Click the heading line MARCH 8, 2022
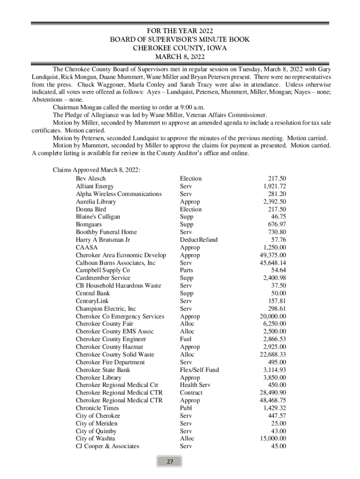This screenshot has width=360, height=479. [x=180, y=57]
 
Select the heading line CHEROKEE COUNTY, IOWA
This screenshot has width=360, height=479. [x=180, y=48]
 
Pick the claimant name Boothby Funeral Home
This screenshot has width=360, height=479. [x=106, y=232]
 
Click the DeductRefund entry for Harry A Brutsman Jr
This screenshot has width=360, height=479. [x=198, y=240]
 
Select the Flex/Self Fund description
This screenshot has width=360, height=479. [x=199, y=370]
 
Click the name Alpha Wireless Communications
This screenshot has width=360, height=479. [x=119, y=194]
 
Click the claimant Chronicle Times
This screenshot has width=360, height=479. [x=97, y=408]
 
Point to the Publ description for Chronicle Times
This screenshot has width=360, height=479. [x=186, y=408]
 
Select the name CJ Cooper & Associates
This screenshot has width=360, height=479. [x=108, y=446]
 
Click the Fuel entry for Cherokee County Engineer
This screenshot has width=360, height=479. [x=186, y=339]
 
